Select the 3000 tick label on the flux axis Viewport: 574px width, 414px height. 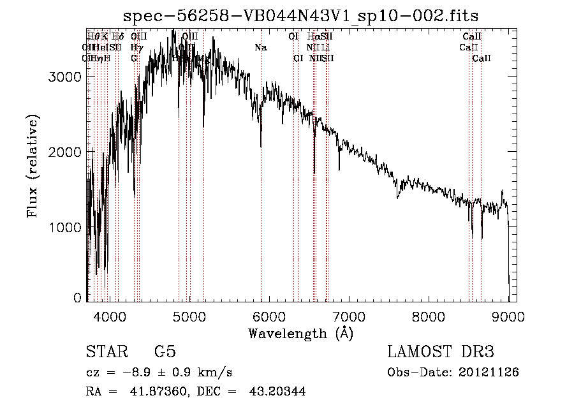66,77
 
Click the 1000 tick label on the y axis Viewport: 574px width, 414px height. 66,227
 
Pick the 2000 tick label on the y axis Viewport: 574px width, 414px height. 66,152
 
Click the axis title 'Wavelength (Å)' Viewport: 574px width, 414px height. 300,333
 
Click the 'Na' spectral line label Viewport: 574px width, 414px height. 261,48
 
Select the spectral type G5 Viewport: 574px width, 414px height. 165,352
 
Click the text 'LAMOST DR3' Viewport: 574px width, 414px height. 441,352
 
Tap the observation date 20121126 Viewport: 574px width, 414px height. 489,372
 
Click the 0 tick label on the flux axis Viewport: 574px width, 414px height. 77,298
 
